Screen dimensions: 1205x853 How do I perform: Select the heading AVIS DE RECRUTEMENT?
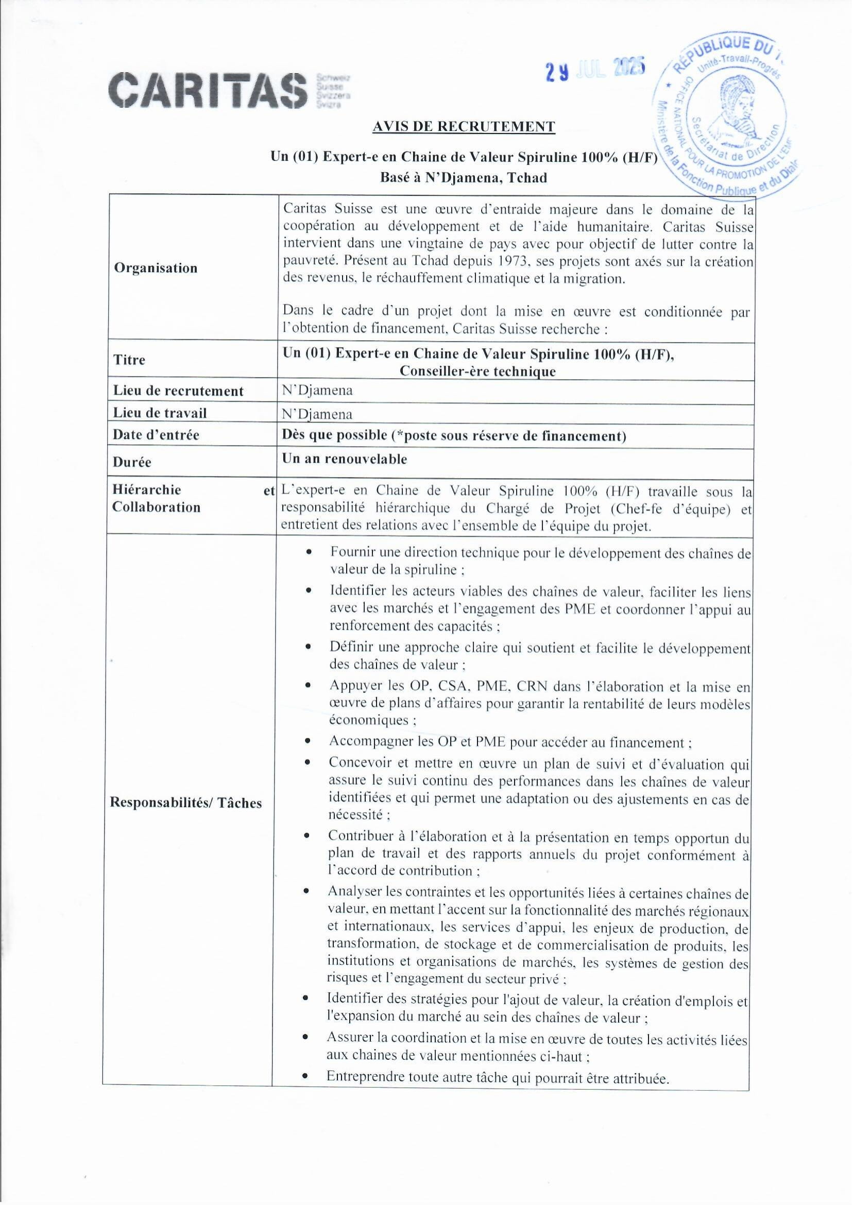(x=463, y=127)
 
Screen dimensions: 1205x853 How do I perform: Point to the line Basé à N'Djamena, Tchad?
(x=463, y=178)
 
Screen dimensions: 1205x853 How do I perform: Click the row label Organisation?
(x=156, y=268)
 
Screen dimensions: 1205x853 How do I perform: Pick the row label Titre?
(x=129, y=360)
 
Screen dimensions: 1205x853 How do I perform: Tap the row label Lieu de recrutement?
(x=179, y=391)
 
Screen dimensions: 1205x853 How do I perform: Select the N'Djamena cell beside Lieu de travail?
(x=317, y=414)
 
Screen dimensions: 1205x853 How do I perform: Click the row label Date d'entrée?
(x=156, y=435)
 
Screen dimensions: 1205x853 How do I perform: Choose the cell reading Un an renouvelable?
(x=345, y=459)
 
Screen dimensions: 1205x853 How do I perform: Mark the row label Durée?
(x=132, y=462)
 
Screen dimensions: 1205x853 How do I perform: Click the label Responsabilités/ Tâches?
(x=186, y=802)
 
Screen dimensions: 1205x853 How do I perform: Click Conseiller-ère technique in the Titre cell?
(x=477, y=371)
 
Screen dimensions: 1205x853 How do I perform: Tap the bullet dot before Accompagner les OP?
(x=309, y=742)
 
